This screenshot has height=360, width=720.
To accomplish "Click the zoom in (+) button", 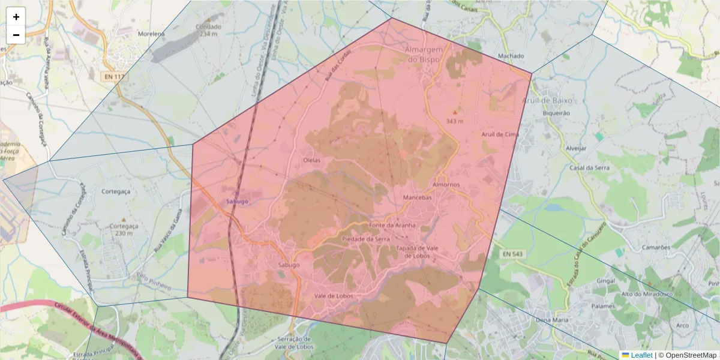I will click(x=16, y=17).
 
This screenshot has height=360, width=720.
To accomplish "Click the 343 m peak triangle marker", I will click(x=455, y=112).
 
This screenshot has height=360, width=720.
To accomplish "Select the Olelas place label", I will click(x=312, y=160).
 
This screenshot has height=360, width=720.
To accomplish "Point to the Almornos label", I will click(x=446, y=185).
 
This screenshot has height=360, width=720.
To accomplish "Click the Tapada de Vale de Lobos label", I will click(x=420, y=252).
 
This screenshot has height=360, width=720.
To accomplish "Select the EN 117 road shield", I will click(x=113, y=76).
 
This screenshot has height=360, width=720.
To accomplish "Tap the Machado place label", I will click(x=511, y=56).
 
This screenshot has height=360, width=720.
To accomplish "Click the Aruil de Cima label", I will click(x=500, y=134).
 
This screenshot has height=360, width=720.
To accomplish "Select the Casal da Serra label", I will click(x=589, y=168).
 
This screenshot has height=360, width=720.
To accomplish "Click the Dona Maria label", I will click(x=551, y=319).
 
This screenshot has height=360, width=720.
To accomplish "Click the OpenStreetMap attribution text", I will click(x=691, y=355).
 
